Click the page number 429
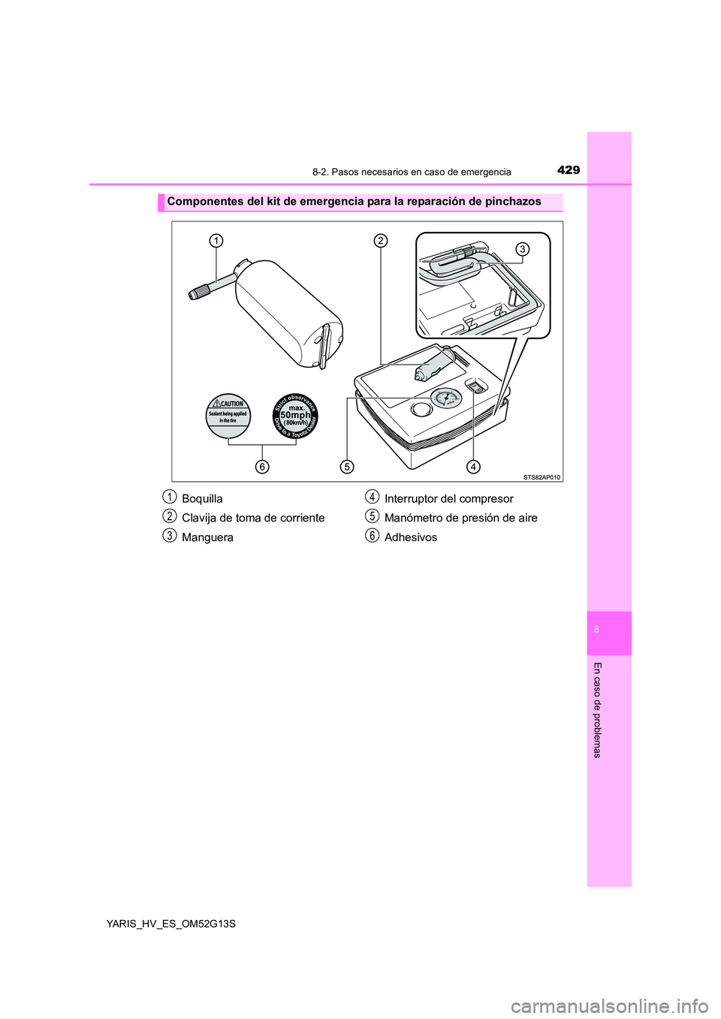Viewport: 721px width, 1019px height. (569, 170)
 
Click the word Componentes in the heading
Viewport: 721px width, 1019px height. (203, 202)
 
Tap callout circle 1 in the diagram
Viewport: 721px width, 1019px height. (216, 240)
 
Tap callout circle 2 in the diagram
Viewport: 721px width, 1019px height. (381, 240)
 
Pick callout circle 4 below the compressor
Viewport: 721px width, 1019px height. (473, 467)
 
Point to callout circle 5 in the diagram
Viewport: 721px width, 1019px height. (346, 467)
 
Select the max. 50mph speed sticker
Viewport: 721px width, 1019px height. (296, 415)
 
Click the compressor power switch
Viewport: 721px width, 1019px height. (476, 386)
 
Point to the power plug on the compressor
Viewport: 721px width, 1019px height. (433, 364)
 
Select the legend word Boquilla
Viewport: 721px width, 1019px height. (202, 499)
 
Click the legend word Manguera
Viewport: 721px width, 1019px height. (207, 538)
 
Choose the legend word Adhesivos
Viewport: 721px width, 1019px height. (410, 538)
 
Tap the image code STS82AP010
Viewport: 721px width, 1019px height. (542, 476)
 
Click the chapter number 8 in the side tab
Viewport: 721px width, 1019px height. (596, 630)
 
